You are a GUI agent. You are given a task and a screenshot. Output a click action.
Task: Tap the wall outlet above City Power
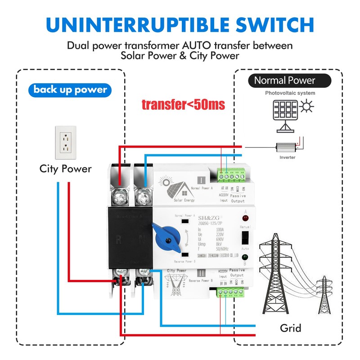tap(66, 143)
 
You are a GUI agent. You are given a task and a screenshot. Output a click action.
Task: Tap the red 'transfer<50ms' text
tap(183, 104)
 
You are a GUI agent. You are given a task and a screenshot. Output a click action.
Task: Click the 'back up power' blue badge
tap(70, 90)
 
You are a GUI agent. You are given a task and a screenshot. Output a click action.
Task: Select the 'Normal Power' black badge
tap(285, 81)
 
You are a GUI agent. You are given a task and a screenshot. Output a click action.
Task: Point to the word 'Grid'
tap(290, 327)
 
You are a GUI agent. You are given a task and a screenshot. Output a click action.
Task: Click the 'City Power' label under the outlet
tap(66, 169)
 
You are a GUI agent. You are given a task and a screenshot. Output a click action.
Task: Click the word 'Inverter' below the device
tap(288, 157)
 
